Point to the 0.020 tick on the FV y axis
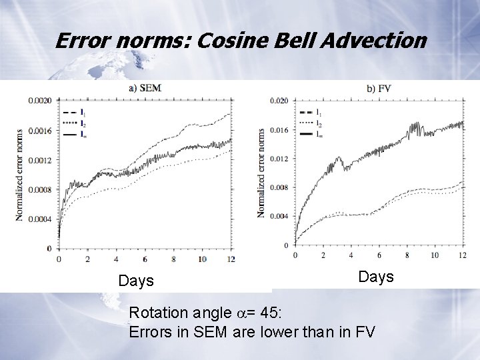click(278, 101)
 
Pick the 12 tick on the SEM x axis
click(231, 259)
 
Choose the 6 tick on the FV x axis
click(379, 255)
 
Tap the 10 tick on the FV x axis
click(434, 255)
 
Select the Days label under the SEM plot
click(136, 281)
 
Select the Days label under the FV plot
click(376, 276)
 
